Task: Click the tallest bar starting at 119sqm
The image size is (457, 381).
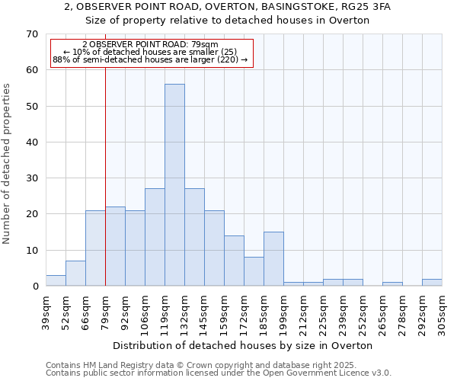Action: (174, 185)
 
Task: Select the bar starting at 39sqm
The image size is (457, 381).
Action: (56, 280)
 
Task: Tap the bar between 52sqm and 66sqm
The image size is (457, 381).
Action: (75, 274)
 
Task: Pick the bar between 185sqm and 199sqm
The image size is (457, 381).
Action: (273, 259)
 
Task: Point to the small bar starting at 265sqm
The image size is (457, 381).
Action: (392, 284)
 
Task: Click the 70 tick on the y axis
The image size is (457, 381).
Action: (32, 34)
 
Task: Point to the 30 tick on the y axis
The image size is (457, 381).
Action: (32, 178)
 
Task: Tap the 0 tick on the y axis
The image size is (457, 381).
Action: (35, 287)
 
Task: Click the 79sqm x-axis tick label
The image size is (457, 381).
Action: (106, 309)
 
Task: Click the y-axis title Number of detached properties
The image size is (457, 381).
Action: (8, 164)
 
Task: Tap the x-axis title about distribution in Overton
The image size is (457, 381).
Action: (248, 345)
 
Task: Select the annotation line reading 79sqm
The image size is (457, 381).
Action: (150, 45)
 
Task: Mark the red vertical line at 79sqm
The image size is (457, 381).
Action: (105, 190)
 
